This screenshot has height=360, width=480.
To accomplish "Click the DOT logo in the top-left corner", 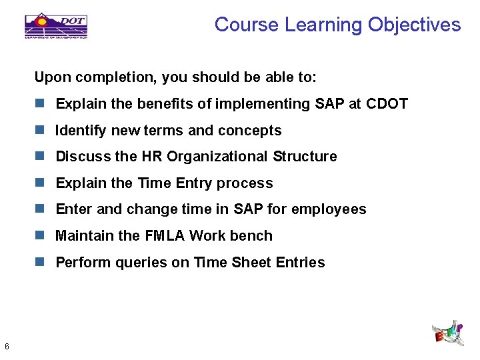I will pos(56,25).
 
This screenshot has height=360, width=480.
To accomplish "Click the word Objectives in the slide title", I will pos(414,25).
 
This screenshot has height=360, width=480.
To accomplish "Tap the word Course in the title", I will pos(247,25).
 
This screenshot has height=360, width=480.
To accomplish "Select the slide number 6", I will pos(6,346).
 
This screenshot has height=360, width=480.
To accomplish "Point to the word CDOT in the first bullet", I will pos(387,104).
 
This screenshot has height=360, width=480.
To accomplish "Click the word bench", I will pos(253,236).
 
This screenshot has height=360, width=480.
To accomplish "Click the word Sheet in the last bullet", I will pos(250,263).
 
